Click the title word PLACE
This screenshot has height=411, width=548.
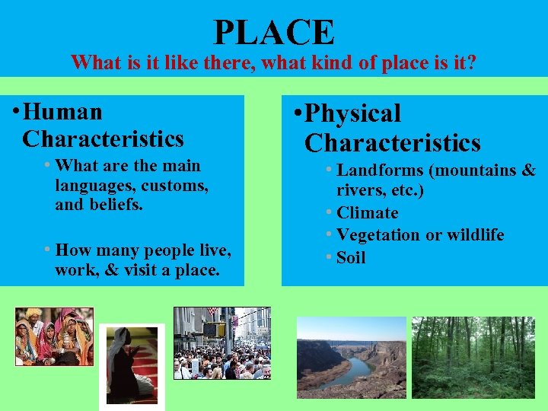click(274, 32)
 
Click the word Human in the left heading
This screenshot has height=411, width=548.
click(62, 112)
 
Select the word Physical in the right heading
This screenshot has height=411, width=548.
click(352, 113)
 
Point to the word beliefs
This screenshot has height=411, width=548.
click(115, 205)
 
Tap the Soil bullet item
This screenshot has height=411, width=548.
click(351, 257)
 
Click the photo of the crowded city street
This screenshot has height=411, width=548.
click(221, 342)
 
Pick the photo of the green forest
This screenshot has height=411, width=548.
click(473, 357)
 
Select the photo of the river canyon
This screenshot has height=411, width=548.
click(351, 357)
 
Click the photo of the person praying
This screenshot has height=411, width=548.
click(132, 365)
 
